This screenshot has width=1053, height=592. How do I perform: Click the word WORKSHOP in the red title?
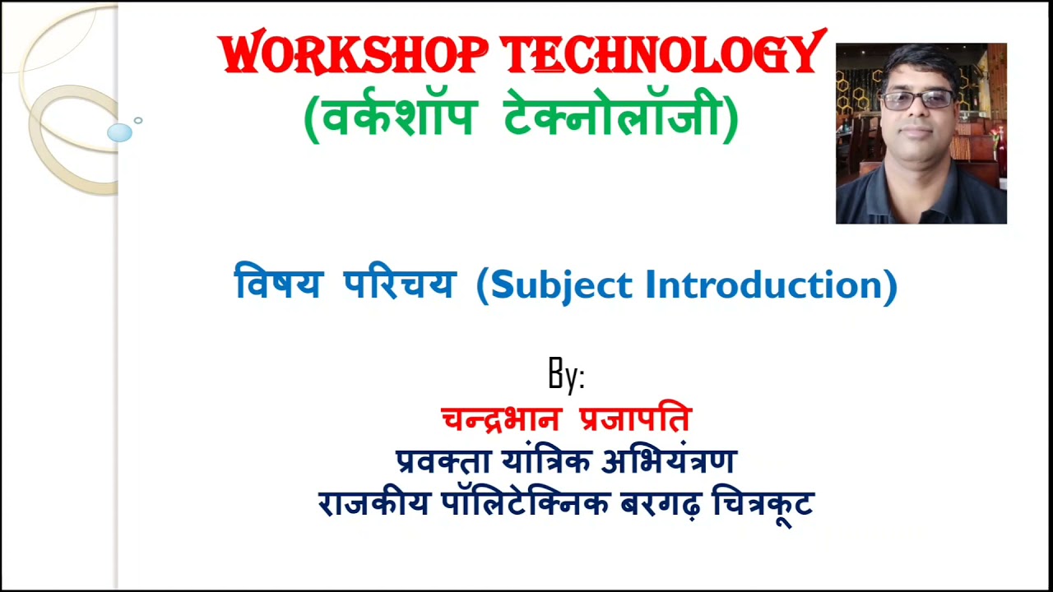[354, 56]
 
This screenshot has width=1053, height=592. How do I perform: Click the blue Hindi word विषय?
[278, 284]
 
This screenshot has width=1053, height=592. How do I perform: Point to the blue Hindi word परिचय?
[400, 284]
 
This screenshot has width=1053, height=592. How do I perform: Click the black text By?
[566, 376]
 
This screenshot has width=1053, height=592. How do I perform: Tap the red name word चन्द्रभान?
[501, 419]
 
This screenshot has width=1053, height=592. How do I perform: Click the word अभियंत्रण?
[669, 461]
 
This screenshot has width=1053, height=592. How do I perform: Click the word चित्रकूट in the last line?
[763, 503]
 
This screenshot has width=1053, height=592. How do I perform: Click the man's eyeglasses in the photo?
[917, 100]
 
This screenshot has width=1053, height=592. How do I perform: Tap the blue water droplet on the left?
[119, 132]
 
